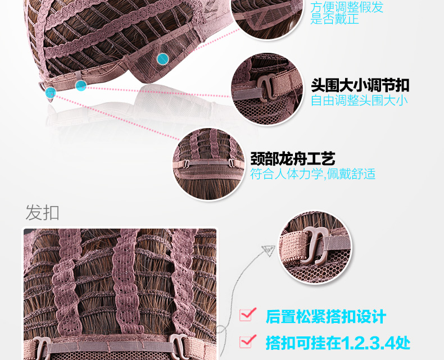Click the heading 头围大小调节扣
[360, 85]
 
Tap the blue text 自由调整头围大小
[360, 101]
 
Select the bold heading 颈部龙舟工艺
[293, 158]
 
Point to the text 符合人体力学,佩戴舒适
[313, 174]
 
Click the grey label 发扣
[42, 213]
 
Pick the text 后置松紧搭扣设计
[326, 316]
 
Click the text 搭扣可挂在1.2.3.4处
[338, 342]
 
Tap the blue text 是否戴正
[334, 20]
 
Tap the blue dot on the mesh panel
[163, 58]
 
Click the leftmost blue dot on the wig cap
[51, 93]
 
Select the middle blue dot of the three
[81, 85]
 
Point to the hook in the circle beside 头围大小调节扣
[264, 89]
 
